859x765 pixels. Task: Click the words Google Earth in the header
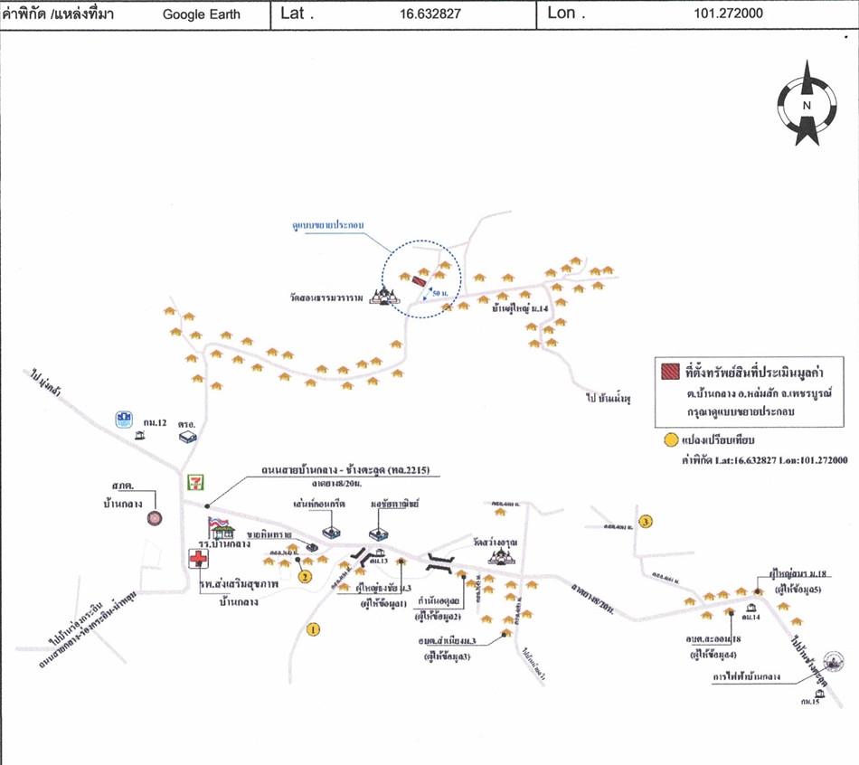point(202,14)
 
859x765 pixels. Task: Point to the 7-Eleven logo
point(194,482)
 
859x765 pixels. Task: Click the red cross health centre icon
point(198,557)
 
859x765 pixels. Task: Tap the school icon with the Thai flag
point(220,527)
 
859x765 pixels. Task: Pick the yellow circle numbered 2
point(305,576)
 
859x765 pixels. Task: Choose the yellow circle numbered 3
point(645,521)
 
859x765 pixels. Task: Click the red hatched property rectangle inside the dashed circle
point(420,281)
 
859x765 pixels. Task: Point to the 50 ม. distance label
point(440,294)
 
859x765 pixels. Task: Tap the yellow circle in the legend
point(670,441)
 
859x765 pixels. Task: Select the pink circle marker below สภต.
point(155,518)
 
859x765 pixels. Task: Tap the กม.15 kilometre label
point(809,702)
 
